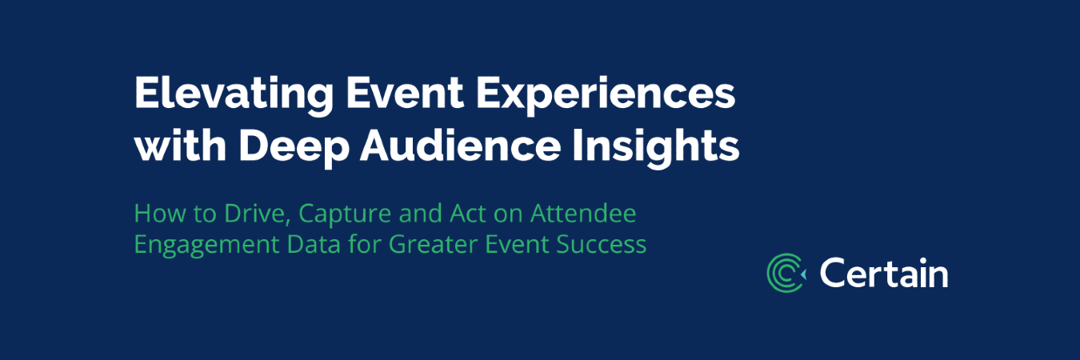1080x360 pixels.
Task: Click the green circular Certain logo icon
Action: pos(786,273)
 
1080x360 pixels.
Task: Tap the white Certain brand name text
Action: pos(883,274)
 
